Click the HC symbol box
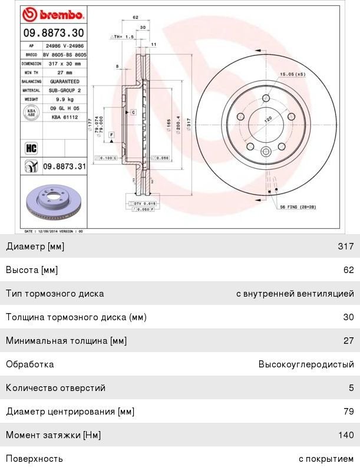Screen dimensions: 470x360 [x=31, y=147]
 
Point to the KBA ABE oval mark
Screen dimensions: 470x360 [x=32, y=113]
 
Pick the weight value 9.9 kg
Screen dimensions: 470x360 [x=65, y=99]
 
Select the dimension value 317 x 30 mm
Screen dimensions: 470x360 [x=65, y=63]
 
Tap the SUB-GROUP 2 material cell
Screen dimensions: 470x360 [x=65, y=90]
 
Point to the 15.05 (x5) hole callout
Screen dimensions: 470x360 [x=292, y=74]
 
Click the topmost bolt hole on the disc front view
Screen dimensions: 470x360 [x=266, y=98]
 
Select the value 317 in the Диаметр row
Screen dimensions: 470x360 [x=346, y=246]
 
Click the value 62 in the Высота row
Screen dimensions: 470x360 [x=348, y=270]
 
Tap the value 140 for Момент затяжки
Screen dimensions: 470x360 [x=346, y=435]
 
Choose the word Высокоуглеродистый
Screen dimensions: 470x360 [x=306, y=364]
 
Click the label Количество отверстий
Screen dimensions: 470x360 [x=55, y=388]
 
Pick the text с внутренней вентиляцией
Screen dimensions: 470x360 [x=295, y=294]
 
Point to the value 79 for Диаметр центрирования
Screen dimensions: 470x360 [x=348, y=412]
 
